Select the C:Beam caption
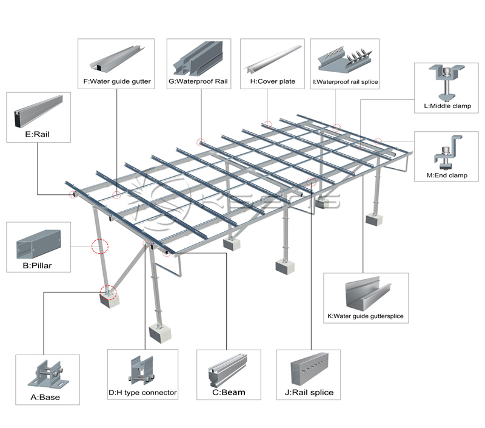pos(229,392)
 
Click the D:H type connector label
pos(143,393)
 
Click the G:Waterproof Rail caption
pos(202,81)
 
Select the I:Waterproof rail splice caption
pos(345,81)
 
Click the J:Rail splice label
pos(309,392)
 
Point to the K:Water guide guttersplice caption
pos(365,316)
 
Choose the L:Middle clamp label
pos(448,106)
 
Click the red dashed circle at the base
pos(109,293)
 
